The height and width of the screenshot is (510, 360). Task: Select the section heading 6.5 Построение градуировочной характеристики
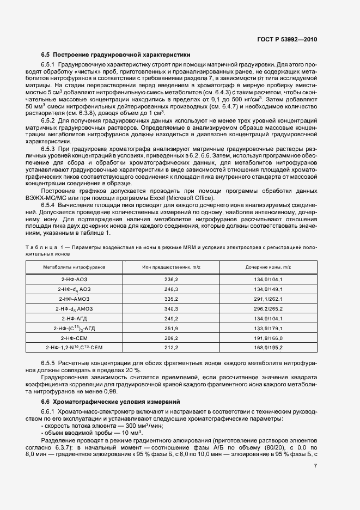pyautogui.click(x=115, y=54)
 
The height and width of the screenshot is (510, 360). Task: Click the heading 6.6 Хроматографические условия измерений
pyautogui.click(x=115, y=401)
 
